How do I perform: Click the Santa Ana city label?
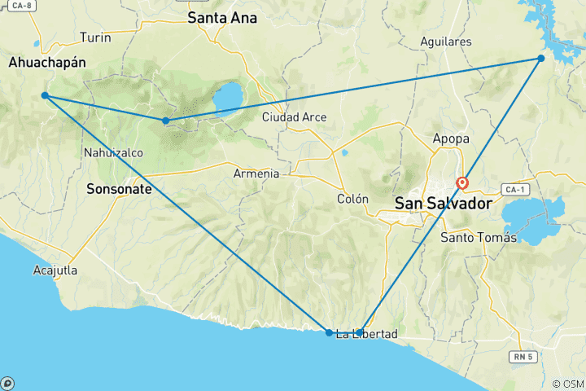222,17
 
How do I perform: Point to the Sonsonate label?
119,188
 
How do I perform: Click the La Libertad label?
367,334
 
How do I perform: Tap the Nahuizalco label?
112,152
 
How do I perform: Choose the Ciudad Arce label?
294,117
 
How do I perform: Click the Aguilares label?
447,42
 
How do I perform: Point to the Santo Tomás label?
478,237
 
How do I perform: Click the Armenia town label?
256,174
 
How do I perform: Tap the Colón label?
352,199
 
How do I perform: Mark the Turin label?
95,37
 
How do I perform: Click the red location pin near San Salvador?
462,183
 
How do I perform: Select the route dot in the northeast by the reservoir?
540,58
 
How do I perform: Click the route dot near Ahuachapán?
45,96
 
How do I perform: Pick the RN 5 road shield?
521,356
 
